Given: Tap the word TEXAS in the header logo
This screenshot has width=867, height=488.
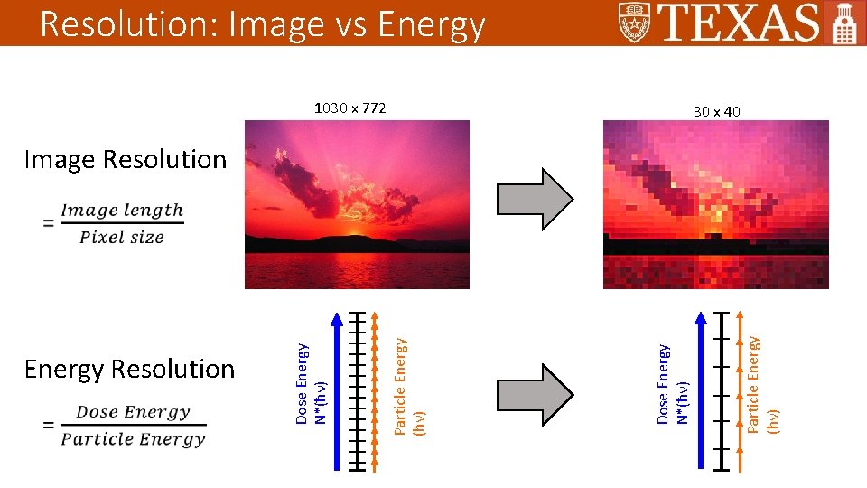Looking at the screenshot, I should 740,23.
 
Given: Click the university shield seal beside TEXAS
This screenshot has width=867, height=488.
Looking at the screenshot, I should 636,23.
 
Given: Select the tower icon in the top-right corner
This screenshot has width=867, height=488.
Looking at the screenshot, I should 844,23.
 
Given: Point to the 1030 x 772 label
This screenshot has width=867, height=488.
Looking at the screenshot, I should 350,108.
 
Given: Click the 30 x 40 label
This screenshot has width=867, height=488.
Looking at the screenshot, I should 716,111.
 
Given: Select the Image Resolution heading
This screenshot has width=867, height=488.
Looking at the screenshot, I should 126,159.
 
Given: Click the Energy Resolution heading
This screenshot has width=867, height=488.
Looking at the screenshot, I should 129,369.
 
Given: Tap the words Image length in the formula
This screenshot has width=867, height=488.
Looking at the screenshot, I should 122,211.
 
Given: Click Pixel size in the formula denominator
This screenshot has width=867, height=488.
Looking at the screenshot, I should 122,238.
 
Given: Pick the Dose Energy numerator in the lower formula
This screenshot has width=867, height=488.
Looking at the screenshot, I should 133,412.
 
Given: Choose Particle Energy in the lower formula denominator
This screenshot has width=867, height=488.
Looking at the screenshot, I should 133,439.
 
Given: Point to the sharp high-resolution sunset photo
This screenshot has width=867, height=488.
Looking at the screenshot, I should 357,204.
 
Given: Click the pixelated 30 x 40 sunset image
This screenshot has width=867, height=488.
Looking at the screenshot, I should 715,204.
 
